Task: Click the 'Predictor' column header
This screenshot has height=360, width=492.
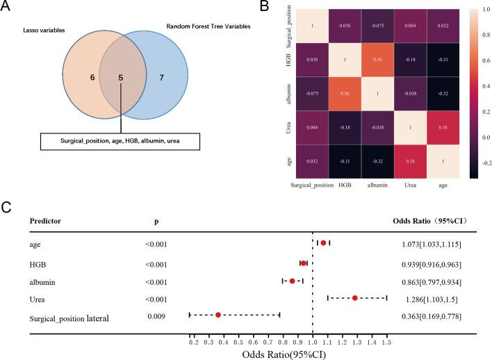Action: click(45, 220)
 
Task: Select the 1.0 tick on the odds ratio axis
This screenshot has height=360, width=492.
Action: click(313, 343)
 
